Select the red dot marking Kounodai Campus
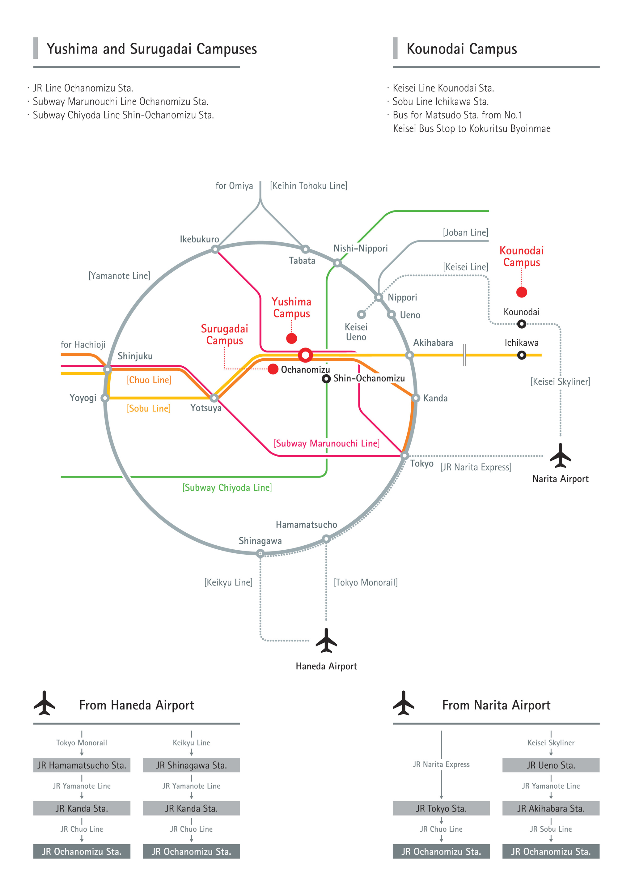[x=522, y=292]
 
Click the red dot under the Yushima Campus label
[x=291, y=338]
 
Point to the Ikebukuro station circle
[x=215, y=249]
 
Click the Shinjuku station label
[x=135, y=356]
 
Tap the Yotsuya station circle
[x=214, y=398]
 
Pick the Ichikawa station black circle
[x=522, y=355]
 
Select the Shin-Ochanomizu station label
[x=369, y=378]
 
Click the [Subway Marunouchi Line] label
[x=326, y=443]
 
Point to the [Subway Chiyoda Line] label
[x=227, y=487]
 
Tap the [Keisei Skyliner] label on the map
[x=560, y=381]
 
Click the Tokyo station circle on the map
[x=404, y=456]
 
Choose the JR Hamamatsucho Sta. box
[x=82, y=765]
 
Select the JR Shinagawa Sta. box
[x=191, y=765]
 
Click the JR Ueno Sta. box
[x=551, y=765]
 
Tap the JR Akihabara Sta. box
[x=551, y=808]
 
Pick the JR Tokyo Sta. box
[x=441, y=808]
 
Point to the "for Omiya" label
[x=234, y=185]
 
